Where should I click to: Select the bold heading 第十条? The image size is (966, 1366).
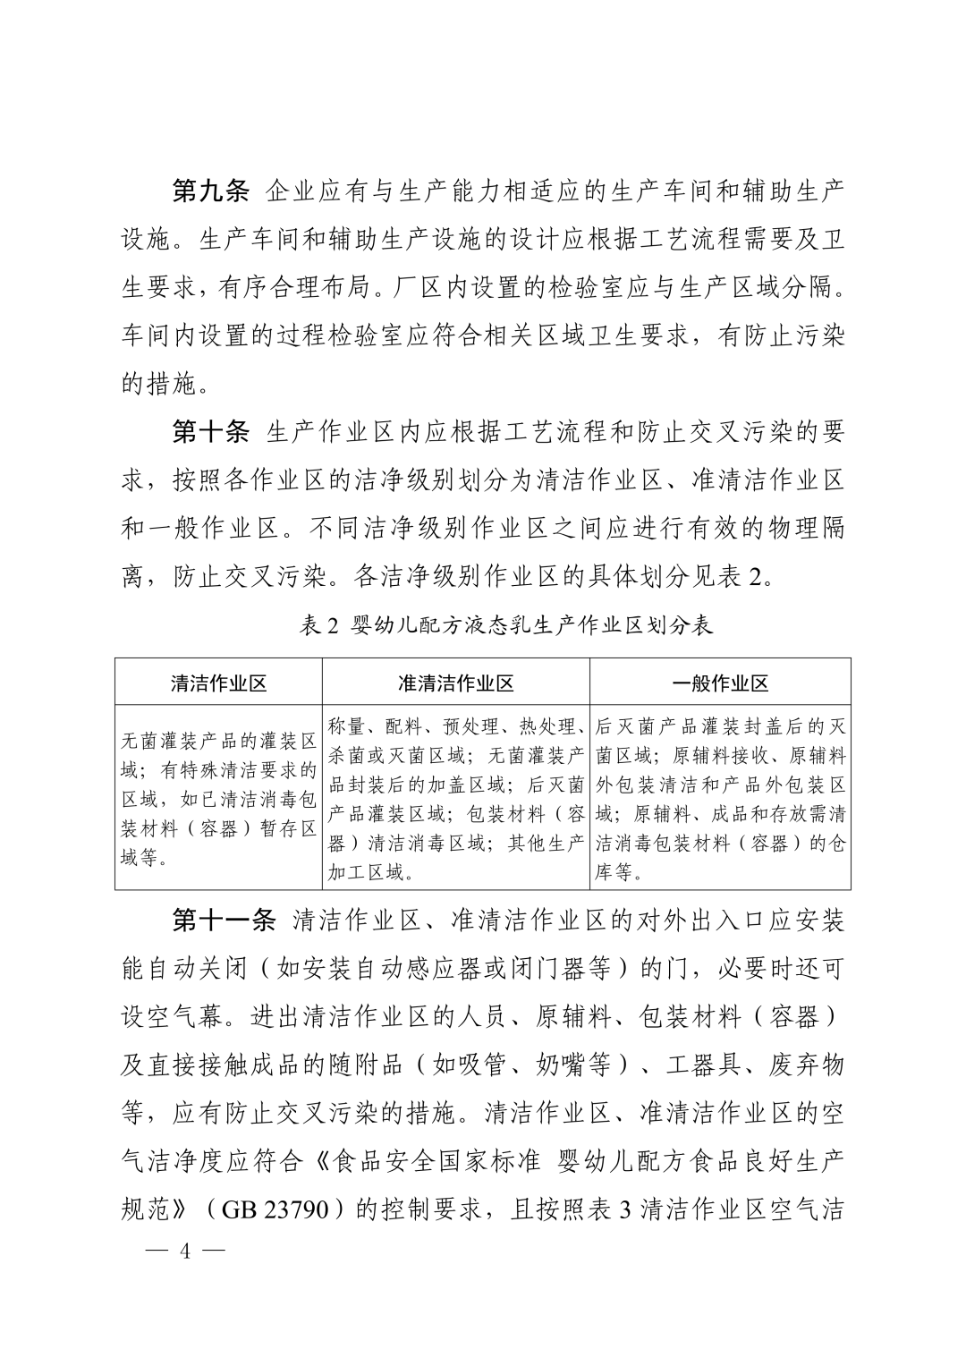tap(210, 433)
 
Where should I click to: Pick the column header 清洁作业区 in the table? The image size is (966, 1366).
tap(218, 683)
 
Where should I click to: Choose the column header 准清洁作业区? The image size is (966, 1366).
tap(455, 683)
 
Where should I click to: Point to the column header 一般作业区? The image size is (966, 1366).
tap(720, 683)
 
